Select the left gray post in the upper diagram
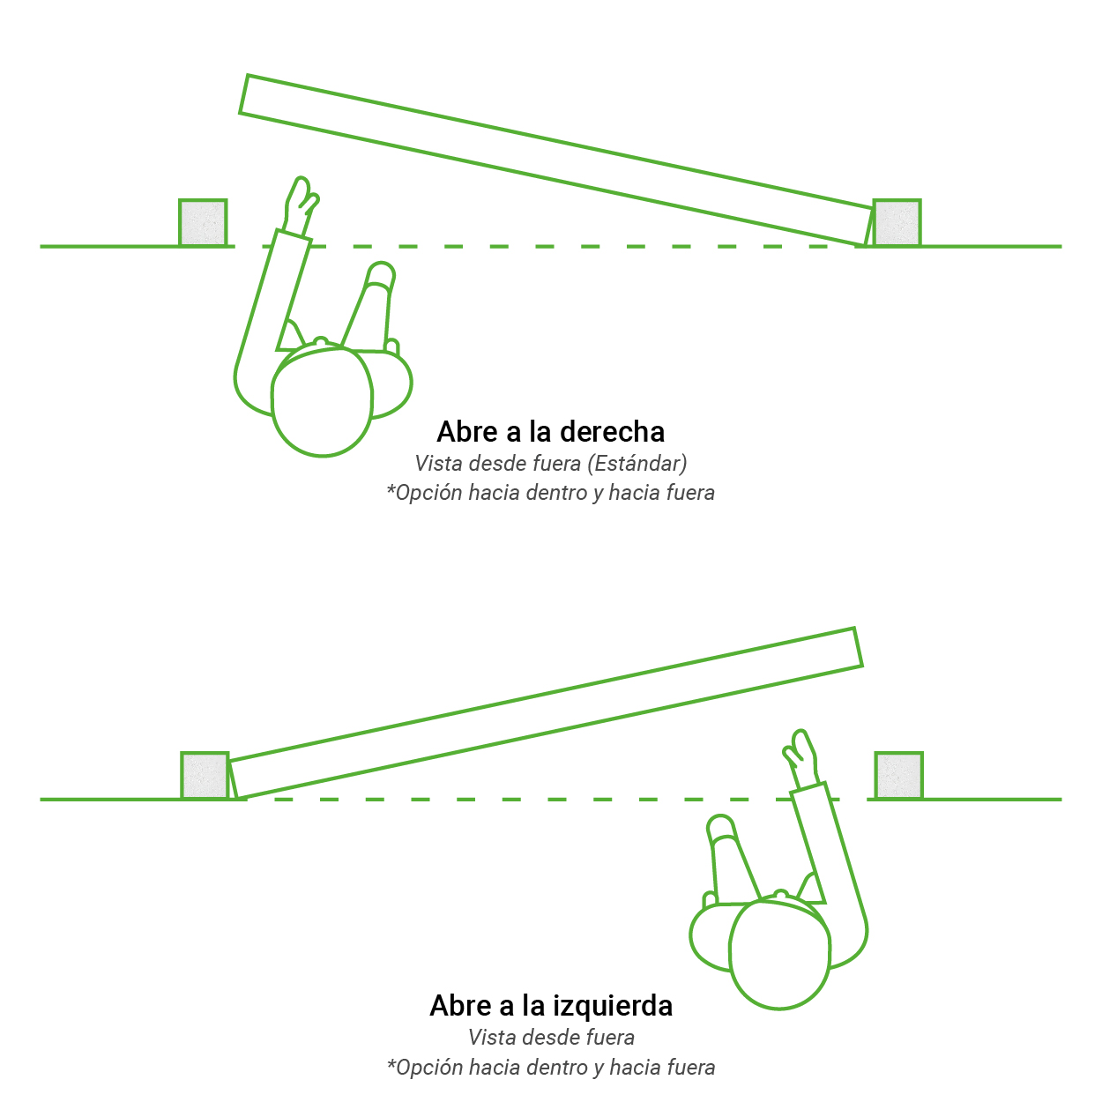pos(203,222)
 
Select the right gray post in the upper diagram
pos(897,222)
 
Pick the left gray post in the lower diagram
pos(205,776)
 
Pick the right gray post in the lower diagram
pos(898,776)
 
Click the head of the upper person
pos(322,402)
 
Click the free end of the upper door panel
pos(244,94)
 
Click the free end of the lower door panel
pos(858,647)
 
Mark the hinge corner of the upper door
pos(865,245)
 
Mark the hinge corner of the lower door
pos(237,798)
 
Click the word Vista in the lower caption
pos(486,1038)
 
